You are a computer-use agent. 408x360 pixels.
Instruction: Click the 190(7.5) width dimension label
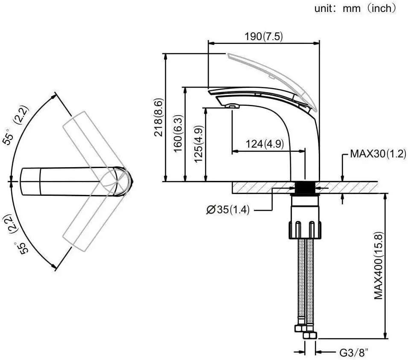263,36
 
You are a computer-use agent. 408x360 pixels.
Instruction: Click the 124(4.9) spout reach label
265,144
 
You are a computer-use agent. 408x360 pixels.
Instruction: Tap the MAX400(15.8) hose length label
379,265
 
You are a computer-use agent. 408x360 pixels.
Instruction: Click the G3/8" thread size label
354,353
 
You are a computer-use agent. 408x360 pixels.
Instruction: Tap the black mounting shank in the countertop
305,187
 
